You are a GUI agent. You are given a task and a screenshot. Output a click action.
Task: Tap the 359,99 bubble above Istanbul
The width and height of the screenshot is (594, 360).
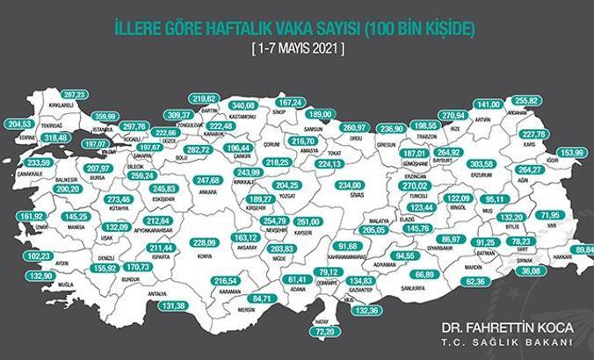[105, 115]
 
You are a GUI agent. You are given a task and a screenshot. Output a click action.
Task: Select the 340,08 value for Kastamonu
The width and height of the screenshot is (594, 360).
[242, 105]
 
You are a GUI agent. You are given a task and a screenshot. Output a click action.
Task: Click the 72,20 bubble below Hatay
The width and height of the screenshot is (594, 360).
[326, 333]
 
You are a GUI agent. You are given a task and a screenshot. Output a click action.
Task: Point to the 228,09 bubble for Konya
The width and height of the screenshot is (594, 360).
[204, 242]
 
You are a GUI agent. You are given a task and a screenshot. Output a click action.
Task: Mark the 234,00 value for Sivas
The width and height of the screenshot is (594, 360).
[351, 184]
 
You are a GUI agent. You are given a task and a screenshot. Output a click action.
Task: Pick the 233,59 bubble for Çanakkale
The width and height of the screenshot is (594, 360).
[35, 162]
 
